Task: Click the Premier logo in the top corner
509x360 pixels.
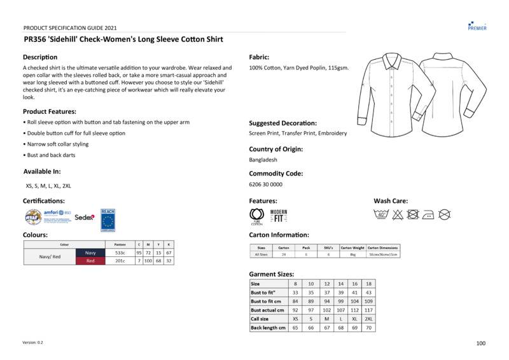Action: click(477, 25)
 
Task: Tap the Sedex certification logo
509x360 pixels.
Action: click(85, 217)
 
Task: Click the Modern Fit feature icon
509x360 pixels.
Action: click(279, 216)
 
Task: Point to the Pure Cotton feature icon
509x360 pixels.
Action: click(256, 216)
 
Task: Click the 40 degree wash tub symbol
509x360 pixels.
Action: click(382, 214)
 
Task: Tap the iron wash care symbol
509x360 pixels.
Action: click(429, 214)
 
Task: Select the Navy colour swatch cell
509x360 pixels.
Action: click(90, 253)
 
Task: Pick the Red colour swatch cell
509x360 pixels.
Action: click(90, 261)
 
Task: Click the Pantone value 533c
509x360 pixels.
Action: click(120, 253)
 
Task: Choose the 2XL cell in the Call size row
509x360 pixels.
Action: click(368, 319)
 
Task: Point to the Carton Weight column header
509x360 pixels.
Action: click(352, 247)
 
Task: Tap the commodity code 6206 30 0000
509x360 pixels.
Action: click(266, 184)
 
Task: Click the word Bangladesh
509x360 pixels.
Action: click(263, 160)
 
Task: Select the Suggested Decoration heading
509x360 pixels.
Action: click(282, 123)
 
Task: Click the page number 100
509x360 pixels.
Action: click(480, 343)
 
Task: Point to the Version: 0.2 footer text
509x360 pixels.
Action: click(33, 342)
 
